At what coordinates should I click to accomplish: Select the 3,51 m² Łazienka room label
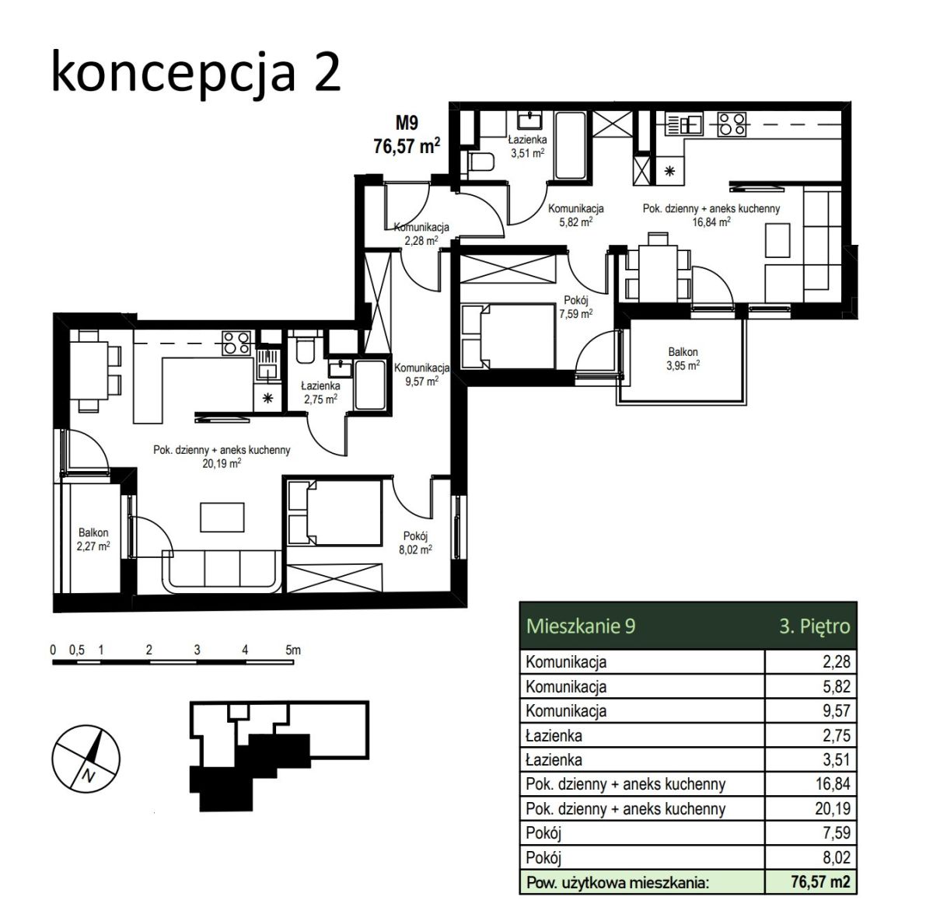[x=527, y=146]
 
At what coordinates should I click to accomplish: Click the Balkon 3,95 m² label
[x=683, y=359]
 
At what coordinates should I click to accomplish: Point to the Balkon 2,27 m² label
[x=93, y=539]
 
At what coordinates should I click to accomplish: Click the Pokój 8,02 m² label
[x=415, y=542]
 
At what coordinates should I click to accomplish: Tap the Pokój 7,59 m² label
[x=576, y=307]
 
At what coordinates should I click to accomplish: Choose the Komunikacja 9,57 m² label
[x=422, y=375]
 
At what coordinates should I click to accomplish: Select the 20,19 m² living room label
[x=222, y=457]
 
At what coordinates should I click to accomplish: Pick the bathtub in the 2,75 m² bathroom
[x=370, y=385]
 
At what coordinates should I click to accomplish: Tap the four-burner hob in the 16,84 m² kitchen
[x=732, y=124]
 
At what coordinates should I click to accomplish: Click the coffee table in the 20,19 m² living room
[x=222, y=517]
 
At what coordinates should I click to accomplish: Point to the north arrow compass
[x=86, y=759]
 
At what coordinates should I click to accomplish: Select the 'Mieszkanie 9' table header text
[x=581, y=626]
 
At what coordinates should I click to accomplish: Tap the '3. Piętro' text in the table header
[x=815, y=626]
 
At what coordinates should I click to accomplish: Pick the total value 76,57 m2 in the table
[x=820, y=882]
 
